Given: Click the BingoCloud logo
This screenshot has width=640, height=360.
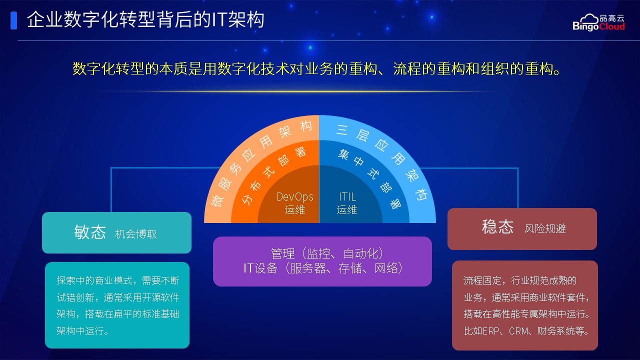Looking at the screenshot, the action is (x=598, y=22).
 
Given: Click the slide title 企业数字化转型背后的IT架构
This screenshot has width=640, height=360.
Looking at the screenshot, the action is (x=145, y=19).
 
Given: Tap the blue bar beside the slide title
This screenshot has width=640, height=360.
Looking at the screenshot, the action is (x=13, y=20).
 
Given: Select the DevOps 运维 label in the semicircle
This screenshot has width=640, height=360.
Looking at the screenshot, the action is (x=295, y=203).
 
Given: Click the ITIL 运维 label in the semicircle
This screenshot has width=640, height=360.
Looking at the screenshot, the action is (x=347, y=203).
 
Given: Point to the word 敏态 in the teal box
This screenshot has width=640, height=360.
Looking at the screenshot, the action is (x=90, y=231).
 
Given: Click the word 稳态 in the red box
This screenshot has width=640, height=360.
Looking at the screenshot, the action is (x=497, y=227).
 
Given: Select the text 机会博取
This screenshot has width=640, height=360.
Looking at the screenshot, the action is (x=135, y=234).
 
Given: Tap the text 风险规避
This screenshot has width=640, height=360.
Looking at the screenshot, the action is (x=545, y=229).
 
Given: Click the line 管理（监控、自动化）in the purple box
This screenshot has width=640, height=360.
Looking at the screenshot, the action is (x=327, y=253).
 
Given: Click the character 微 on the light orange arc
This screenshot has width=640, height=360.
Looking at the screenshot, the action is (x=217, y=200).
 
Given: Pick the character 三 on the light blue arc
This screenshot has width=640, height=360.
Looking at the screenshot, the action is (x=342, y=130).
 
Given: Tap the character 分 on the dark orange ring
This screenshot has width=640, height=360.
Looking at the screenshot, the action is (x=247, y=199).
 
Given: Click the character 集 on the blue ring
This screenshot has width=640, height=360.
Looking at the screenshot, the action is (x=343, y=154).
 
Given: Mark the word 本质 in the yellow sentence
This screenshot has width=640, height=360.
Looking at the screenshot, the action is (x=173, y=69).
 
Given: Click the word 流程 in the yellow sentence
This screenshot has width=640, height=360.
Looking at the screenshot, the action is (x=407, y=69).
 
